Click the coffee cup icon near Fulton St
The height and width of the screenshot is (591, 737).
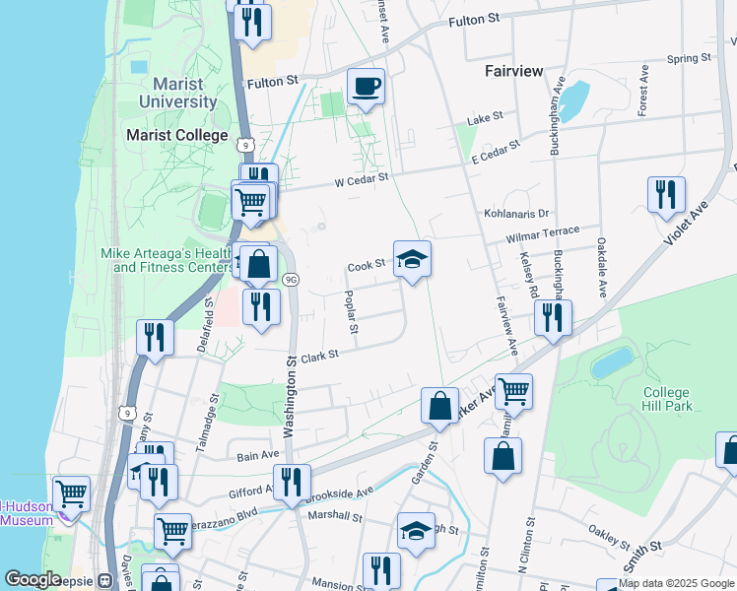tap(366, 86)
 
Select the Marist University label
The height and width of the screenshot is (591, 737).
tap(177, 93)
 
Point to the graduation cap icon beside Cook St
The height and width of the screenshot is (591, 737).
tap(412, 259)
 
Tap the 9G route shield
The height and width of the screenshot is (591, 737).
tap(291, 280)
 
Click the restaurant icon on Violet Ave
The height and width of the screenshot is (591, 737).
tap(666, 194)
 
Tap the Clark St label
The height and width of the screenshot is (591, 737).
tap(319, 356)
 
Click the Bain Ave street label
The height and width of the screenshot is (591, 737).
tap(259, 455)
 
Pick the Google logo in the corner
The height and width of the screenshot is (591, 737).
tap(33, 579)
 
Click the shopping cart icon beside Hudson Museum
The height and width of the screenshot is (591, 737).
tap(72, 493)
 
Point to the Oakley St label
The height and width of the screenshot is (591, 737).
tap(609, 540)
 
